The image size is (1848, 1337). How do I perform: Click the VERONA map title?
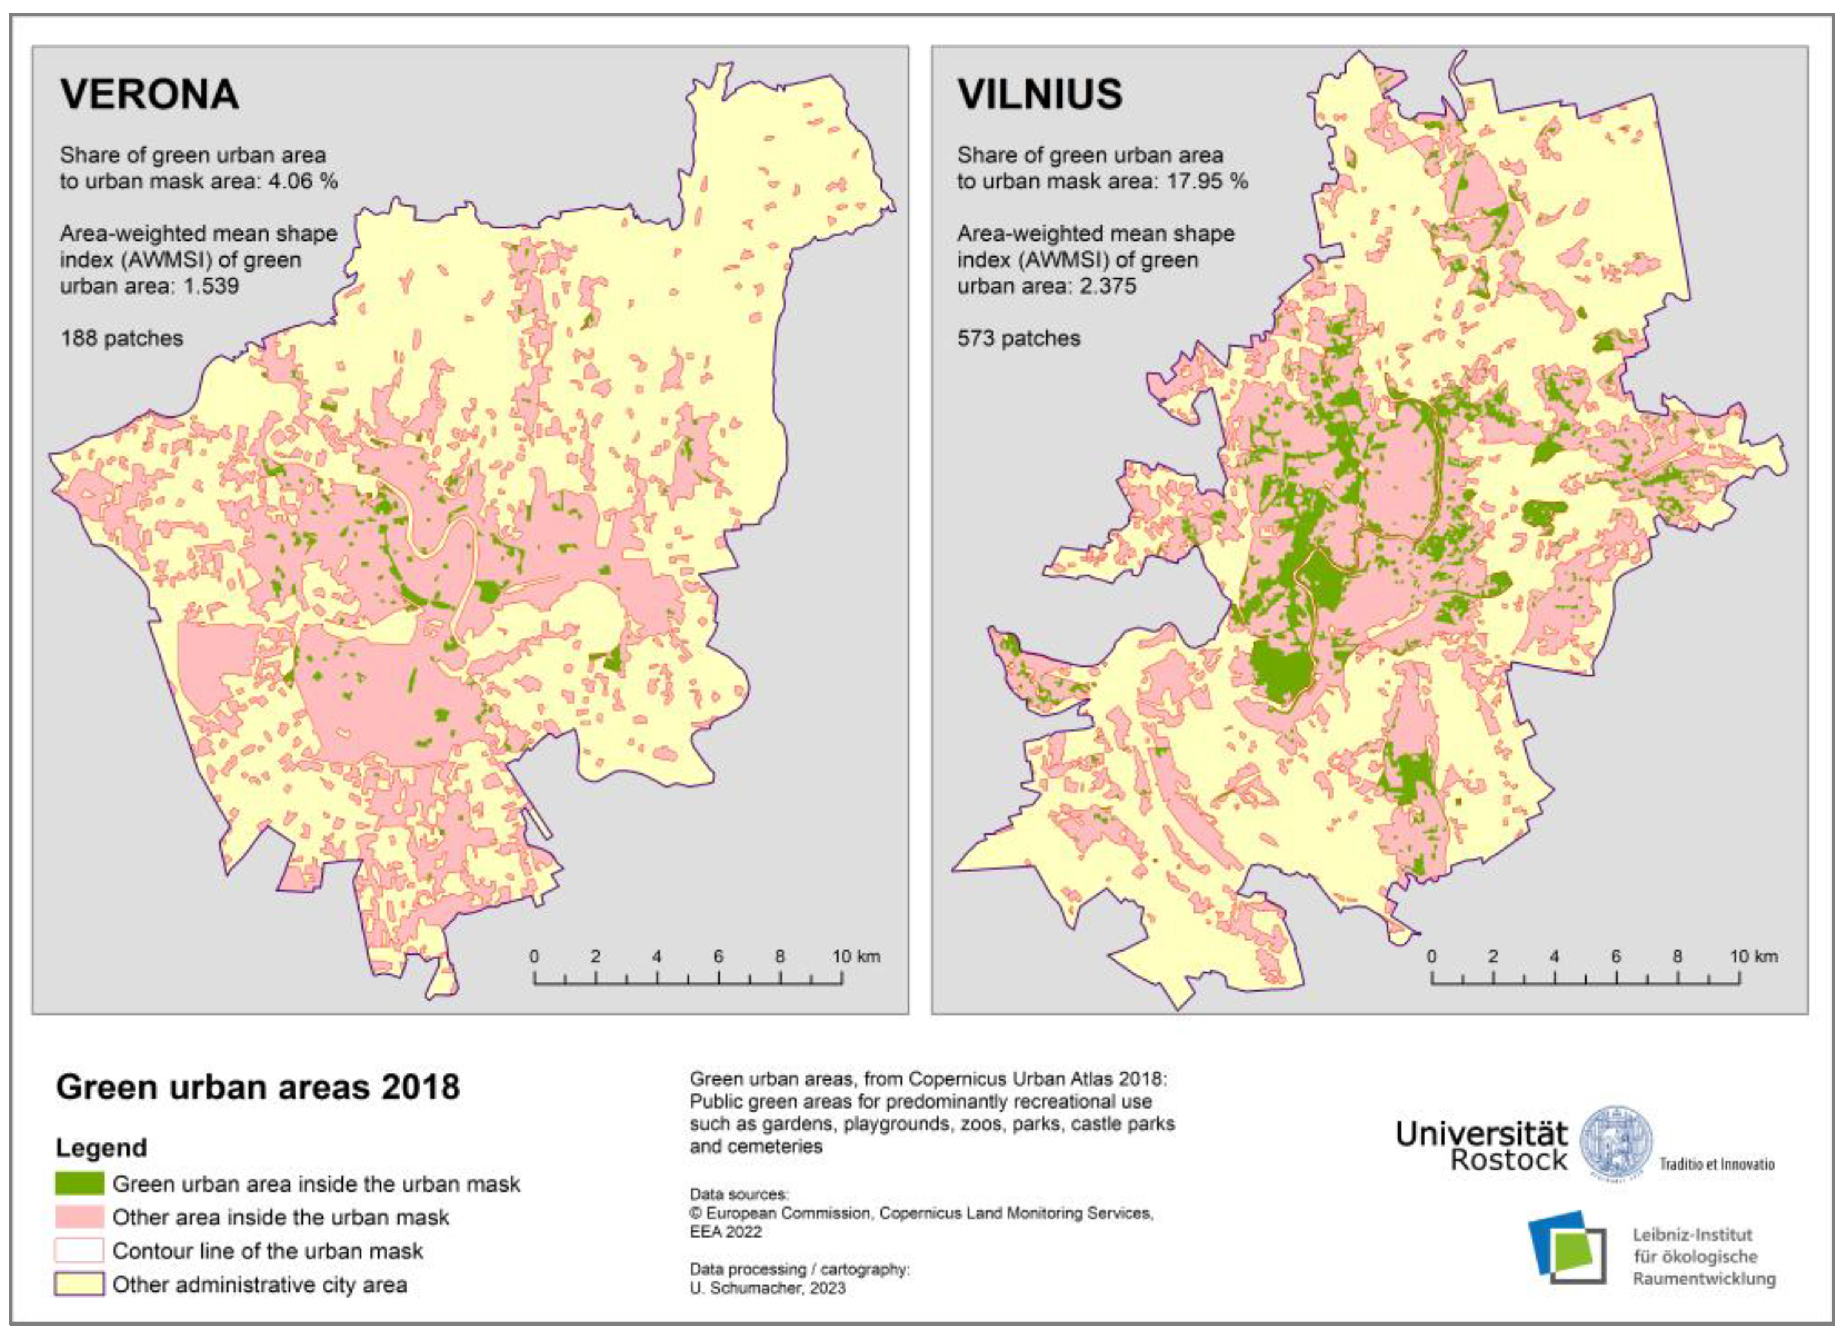(149, 94)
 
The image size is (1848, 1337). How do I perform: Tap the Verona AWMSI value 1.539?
(211, 286)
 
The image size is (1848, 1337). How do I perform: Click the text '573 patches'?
(1019, 338)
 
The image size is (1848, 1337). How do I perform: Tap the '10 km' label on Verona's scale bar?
(855, 956)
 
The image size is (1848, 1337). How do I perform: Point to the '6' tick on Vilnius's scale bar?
(1616, 956)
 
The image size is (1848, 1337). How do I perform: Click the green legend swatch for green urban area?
(79, 1183)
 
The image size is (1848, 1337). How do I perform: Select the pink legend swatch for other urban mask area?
(79, 1216)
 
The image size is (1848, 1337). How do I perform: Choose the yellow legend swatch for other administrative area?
(79, 1284)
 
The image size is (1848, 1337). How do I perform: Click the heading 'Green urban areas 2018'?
(258, 1087)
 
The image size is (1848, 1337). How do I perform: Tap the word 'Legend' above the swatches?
(101, 1147)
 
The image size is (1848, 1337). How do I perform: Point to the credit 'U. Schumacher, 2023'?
(767, 1288)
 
